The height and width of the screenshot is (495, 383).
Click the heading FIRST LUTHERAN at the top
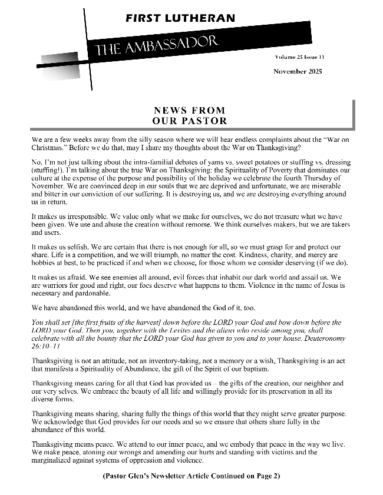pos(180,18)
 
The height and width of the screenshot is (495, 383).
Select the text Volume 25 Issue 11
pos(299,57)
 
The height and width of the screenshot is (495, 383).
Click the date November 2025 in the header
pos(299,71)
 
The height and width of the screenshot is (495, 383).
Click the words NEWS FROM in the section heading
pos(189,110)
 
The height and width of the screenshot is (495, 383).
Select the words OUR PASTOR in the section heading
pos(189,121)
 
